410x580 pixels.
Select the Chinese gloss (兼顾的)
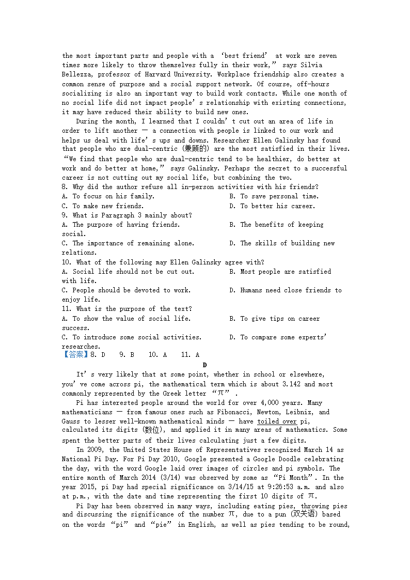pos(194,149)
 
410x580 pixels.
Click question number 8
pos(65,187)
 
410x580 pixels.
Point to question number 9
pos(65,215)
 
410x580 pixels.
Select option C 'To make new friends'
pos(101,206)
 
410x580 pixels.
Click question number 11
pos(67,309)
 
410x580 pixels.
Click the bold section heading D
pos(204,365)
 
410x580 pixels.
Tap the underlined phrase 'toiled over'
pos(277,421)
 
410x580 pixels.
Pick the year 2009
pos(97,450)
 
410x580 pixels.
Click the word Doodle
pos(288,459)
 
